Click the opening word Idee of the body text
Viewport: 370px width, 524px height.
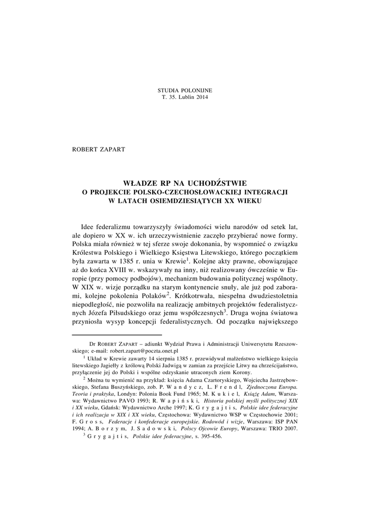pos(90,226)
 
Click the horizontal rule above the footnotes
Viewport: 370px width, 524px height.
pos(103,334)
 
